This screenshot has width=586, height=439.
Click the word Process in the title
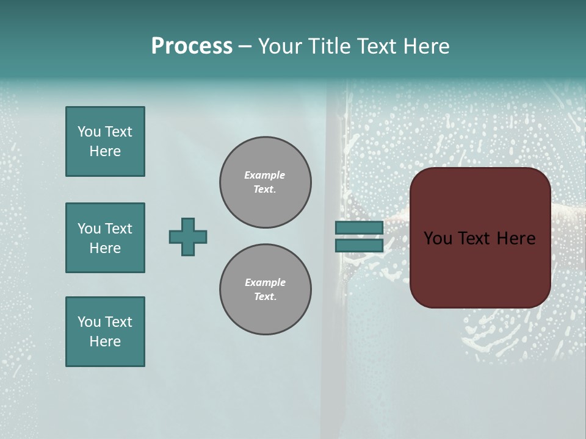click(x=192, y=46)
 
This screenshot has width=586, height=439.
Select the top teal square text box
click(x=105, y=141)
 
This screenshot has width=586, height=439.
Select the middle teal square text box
click(x=105, y=238)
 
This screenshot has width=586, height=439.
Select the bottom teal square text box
click(x=105, y=332)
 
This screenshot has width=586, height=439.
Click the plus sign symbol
click(x=188, y=237)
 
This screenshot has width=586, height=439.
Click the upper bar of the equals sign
click(x=360, y=227)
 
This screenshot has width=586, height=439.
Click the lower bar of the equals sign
click(x=360, y=245)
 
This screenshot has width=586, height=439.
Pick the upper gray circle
click(x=266, y=183)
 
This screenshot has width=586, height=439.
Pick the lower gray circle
click(x=266, y=290)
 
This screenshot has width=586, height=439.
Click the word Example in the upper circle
click(x=265, y=175)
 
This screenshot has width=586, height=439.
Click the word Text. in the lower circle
click(x=265, y=297)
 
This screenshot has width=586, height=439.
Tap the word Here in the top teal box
click(x=105, y=151)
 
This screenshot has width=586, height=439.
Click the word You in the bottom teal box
click(x=89, y=322)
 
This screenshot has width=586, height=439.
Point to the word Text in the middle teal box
click(x=118, y=229)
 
